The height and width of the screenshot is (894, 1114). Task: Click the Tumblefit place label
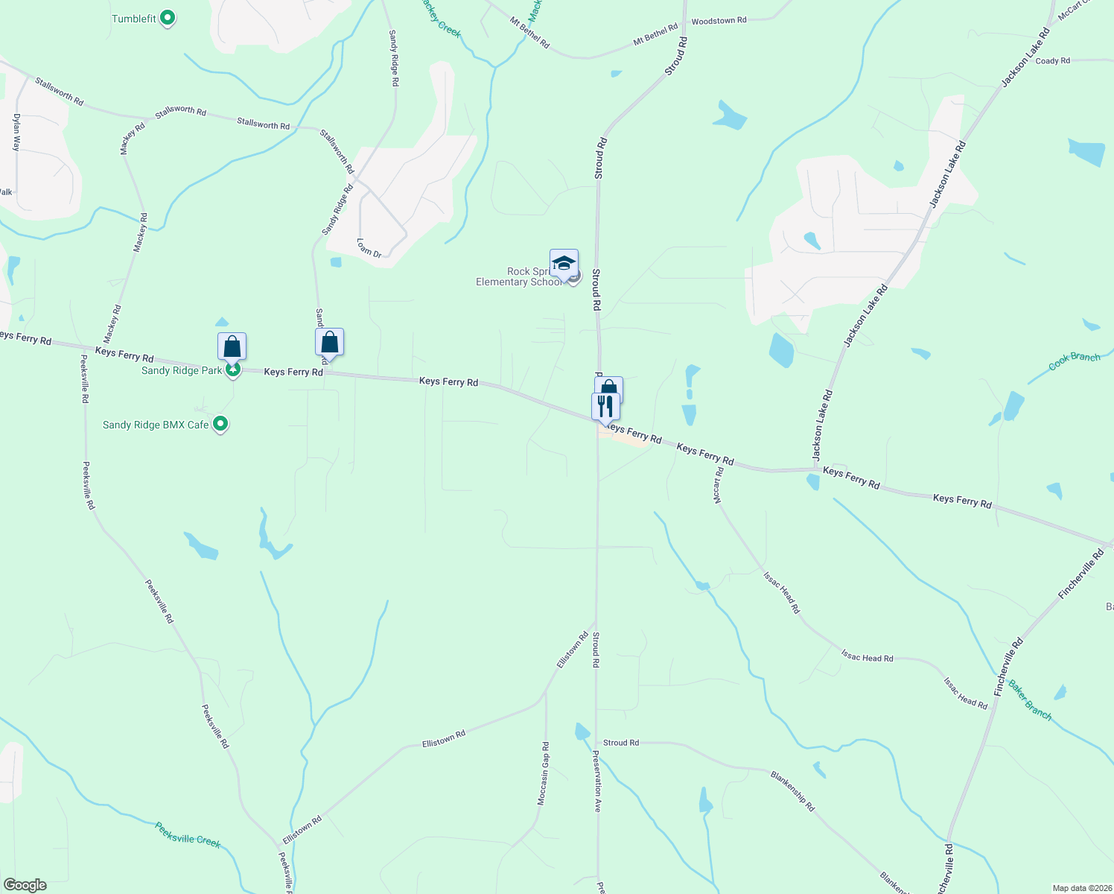point(134,19)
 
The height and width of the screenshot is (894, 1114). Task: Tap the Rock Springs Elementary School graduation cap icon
point(564,264)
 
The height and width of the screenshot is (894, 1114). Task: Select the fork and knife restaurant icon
point(605,406)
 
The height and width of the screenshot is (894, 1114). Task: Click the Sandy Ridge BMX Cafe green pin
point(220,425)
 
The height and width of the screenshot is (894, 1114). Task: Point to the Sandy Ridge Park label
point(182,371)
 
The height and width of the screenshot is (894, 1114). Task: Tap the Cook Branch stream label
point(1074,361)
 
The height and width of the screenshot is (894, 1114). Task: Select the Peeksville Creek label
point(188,834)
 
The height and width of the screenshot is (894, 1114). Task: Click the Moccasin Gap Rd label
point(544,773)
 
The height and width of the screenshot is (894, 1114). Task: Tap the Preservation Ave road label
point(596,780)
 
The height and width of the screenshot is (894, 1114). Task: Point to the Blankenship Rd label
point(792,791)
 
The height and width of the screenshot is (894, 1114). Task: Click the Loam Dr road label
point(369,248)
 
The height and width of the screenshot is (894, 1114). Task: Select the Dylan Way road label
point(16,133)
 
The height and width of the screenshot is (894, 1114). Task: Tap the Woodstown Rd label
point(719,21)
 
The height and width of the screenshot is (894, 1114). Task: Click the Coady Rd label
point(1052,61)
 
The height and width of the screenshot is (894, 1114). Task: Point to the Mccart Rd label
point(718,485)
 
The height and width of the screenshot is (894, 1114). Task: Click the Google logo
point(25,885)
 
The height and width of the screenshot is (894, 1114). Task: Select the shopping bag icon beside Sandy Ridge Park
point(232,346)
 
